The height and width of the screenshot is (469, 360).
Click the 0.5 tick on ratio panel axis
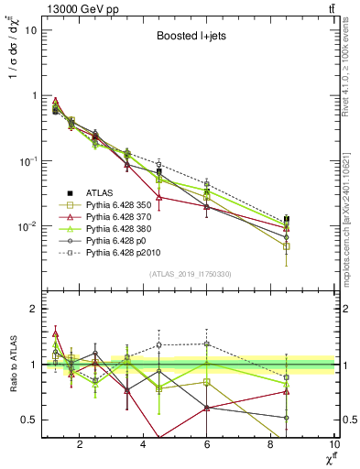coord(29,420)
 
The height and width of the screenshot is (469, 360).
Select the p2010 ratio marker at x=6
coord(207,344)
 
